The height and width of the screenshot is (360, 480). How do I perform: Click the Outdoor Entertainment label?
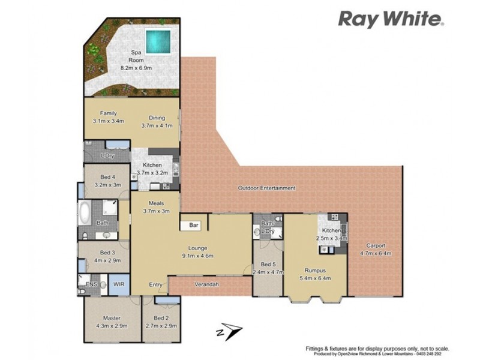point(266,188)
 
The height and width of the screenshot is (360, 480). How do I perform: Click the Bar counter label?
point(194,226)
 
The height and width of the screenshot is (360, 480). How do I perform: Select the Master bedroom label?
point(112,322)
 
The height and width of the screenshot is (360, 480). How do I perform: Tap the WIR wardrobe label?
point(119,284)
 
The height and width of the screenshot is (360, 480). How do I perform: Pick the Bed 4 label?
point(108,181)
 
